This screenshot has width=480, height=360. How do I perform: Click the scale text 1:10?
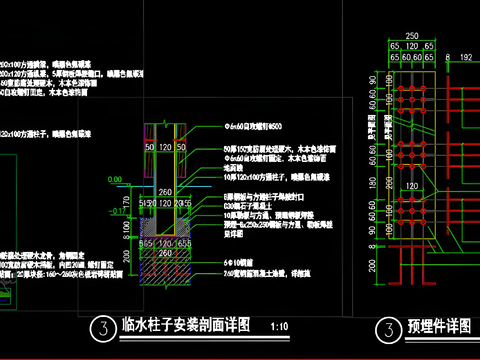(x=279, y=327)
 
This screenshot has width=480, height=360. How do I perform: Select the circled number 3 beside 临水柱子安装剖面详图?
(x=100, y=328)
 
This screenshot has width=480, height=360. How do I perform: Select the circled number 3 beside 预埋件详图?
(x=387, y=328)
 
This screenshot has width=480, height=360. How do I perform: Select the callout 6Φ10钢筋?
(x=236, y=260)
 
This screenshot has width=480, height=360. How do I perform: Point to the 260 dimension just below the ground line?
(x=165, y=190)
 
